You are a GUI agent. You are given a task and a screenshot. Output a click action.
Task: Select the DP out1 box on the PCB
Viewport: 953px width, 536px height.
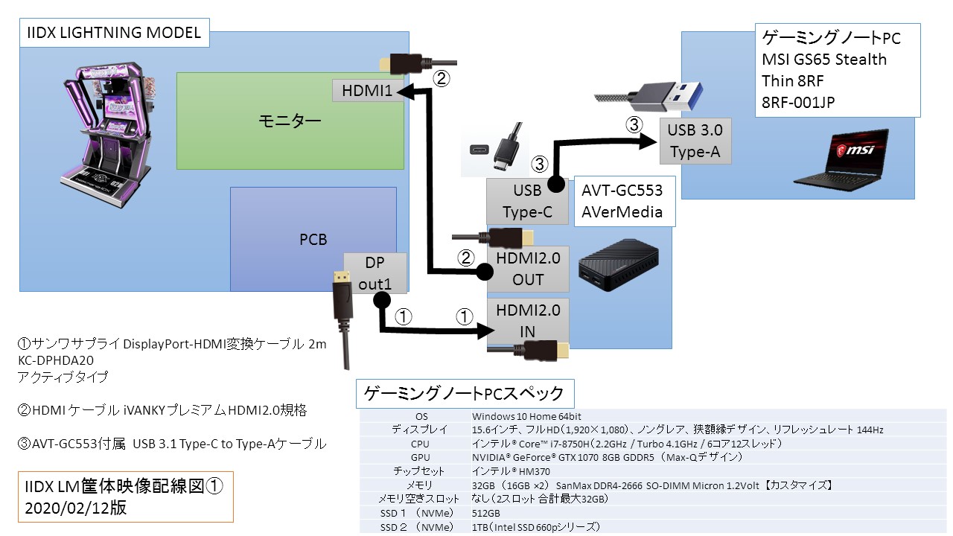click(375, 273)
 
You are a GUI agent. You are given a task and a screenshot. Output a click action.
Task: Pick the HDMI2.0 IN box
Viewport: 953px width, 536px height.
click(527, 320)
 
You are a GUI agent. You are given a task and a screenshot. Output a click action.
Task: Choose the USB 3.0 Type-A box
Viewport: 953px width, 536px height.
click(695, 141)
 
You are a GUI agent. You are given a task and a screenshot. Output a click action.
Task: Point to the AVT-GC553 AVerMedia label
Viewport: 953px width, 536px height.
click(623, 200)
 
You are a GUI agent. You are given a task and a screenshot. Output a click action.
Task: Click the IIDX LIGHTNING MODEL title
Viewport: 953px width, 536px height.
click(114, 33)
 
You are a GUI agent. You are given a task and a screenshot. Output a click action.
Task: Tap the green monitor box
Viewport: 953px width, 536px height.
click(290, 120)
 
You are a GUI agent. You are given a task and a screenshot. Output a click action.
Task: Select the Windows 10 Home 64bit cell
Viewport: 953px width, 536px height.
click(526, 416)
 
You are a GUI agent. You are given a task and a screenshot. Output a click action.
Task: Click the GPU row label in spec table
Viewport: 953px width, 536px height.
click(420, 457)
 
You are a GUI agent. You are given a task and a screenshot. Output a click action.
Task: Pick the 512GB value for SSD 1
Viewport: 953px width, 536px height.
click(486, 514)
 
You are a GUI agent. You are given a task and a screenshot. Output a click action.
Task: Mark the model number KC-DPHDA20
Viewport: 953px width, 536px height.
click(56, 360)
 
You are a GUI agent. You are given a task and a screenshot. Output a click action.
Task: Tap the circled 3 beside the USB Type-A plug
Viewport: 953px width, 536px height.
click(634, 125)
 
